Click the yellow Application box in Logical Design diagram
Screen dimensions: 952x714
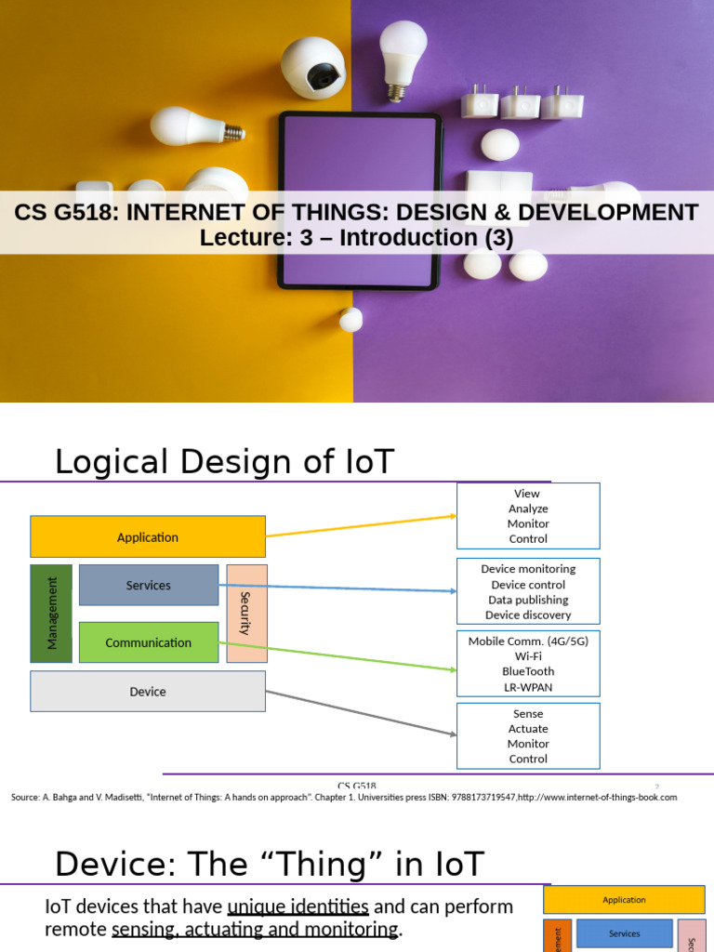click(148, 537)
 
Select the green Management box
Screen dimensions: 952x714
click(52, 614)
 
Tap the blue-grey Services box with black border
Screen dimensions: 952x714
click(149, 586)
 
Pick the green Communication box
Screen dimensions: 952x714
click(149, 642)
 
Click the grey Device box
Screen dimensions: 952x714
click(148, 692)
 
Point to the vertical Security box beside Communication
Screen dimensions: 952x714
click(246, 614)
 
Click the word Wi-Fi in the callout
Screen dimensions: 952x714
click(528, 656)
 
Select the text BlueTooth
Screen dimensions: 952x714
click(528, 671)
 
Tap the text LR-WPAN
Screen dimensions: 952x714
click(528, 687)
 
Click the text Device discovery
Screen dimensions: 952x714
click(528, 615)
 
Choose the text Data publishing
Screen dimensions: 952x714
click(528, 600)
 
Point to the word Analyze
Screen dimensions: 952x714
click(528, 509)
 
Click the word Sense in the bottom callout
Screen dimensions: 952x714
click(528, 714)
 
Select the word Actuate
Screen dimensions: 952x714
click(528, 729)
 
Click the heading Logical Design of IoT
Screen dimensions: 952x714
click(224, 461)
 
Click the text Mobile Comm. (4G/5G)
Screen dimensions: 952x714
click(528, 641)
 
